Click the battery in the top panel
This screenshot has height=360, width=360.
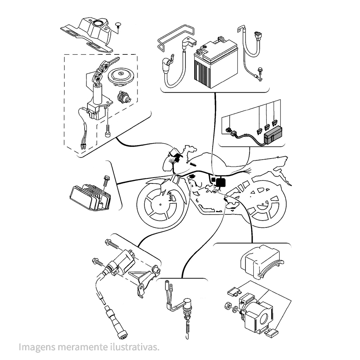216,63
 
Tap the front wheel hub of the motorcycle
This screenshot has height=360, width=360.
160,204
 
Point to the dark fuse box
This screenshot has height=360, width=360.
273,135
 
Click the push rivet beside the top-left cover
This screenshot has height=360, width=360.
118,25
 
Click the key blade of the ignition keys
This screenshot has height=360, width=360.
114,60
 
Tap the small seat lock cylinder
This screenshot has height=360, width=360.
123,97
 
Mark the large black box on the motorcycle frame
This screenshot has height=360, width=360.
221,182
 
